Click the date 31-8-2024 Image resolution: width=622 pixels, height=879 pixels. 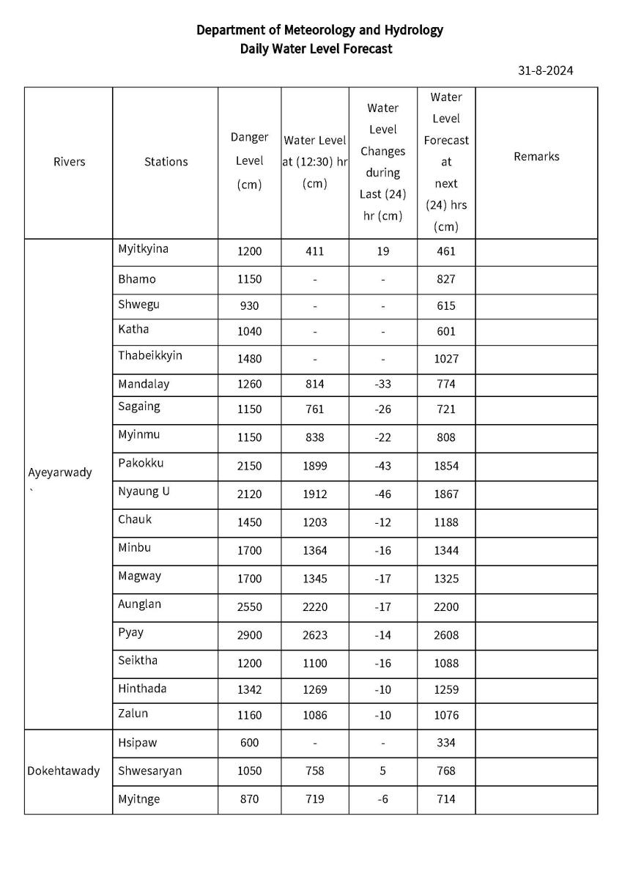(545, 71)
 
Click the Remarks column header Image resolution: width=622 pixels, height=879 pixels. (536, 157)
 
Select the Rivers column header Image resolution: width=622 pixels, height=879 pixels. (69, 162)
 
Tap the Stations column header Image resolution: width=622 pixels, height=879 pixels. (166, 162)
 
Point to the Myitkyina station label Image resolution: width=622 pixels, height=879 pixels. (143, 249)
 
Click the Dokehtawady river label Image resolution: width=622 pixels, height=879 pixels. (64, 771)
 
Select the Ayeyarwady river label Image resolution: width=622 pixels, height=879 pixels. (60, 472)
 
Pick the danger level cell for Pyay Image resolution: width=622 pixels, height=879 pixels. (249, 635)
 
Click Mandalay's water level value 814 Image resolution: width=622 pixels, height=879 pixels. (314, 384)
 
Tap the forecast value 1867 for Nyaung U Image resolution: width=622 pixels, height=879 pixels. (445, 494)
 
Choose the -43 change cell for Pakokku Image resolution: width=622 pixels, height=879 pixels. (382, 466)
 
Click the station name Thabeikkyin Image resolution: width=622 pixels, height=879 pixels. (150, 356)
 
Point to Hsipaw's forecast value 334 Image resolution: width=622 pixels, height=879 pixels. (445, 743)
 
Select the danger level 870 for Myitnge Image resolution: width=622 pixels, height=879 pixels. (249, 799)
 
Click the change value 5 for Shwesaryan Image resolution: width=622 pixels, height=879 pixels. (382, 771)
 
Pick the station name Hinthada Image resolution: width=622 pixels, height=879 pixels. (142, 689)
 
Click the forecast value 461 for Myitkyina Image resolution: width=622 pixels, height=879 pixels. (445, 251)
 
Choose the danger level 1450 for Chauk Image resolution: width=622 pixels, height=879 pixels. (249, 522)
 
